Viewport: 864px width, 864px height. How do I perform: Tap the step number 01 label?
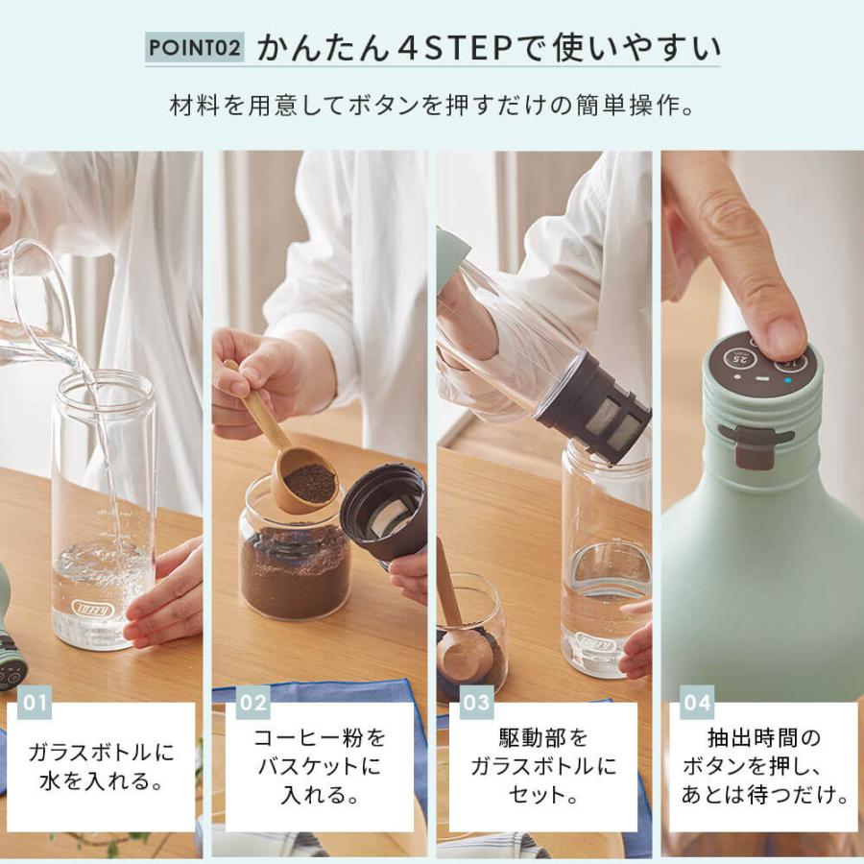pos(35,703)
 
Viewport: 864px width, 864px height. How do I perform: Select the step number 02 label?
pos(252,703)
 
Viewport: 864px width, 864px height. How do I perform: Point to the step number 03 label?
pos(476,703)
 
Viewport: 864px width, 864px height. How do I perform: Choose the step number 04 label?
pos(696,703)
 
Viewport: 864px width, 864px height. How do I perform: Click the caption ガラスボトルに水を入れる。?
pos(101,766)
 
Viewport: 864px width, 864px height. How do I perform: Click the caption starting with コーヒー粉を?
pos(319,766)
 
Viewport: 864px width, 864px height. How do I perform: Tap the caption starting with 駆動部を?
pos(542,766)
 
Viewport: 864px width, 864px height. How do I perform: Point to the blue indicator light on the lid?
pos(788,379)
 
